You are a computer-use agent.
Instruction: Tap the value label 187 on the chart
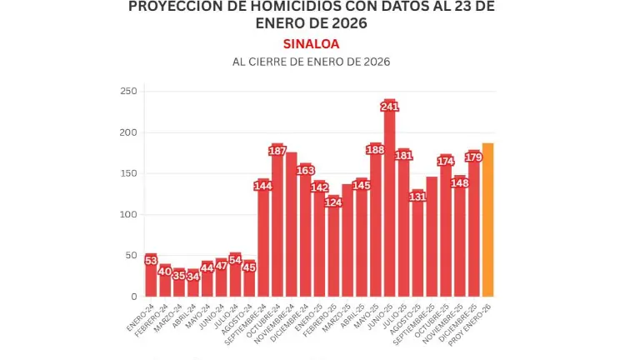click(x=277, y=151)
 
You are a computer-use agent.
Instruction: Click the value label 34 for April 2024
click(x=193, y=276)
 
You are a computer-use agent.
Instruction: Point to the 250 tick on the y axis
click(x=127, y=91)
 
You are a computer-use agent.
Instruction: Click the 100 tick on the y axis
click(x=127, y=215)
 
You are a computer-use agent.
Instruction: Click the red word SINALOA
click(x=311, y=43)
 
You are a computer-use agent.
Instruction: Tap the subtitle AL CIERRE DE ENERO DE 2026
click(x=311, y=62)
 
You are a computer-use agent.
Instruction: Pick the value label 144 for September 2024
click(x=263, y=186)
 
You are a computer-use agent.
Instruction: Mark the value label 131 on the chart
click(x=417, y=197)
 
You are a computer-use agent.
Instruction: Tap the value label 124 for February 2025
click(x=333, y=202)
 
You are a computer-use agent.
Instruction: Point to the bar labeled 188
click(x=376, y=225)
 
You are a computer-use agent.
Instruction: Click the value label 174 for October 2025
click(x=446, y=161)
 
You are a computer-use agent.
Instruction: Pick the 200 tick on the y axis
click(x=127, y=132)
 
